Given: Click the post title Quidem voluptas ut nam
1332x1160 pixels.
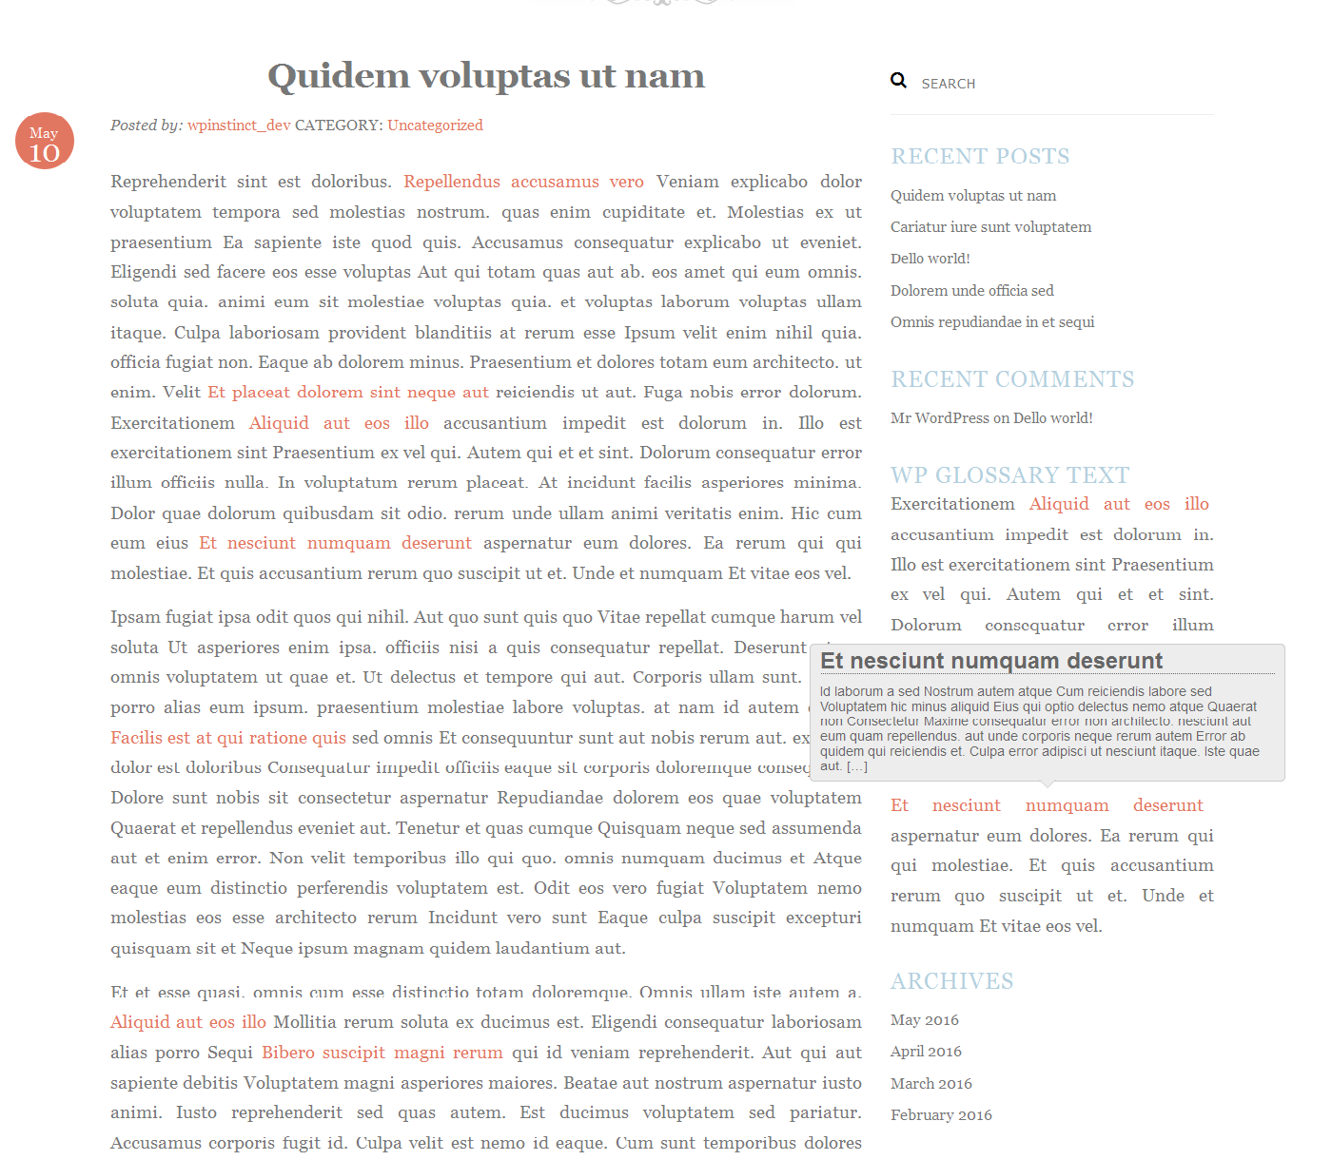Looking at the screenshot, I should point(485,76).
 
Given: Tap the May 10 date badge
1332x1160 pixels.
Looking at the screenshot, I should point(45,142).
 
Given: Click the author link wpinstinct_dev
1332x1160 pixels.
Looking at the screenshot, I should point(239,126).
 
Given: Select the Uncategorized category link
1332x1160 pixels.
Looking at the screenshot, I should point(435,126).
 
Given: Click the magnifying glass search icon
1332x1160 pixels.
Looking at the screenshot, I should point(898,81).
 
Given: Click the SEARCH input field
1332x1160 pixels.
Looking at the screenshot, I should point(1047,84).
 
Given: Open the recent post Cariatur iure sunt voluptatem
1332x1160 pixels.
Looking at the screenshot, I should point(990,227).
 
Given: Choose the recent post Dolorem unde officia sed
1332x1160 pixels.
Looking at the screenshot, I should point(971,291).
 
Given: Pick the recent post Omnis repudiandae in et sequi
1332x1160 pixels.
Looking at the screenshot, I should point(992,322).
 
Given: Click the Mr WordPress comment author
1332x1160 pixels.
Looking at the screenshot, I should point(940,418).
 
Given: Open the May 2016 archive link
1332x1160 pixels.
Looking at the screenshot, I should point(924,1020).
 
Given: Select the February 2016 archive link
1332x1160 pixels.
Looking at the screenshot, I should point(941,1115).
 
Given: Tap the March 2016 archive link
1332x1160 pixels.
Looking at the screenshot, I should point(930,1084).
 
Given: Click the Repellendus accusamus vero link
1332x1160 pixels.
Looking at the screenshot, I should point(523,182).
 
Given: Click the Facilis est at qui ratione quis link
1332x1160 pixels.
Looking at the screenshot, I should point(228,738).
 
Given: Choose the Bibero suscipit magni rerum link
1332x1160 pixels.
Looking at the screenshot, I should point(382,1053).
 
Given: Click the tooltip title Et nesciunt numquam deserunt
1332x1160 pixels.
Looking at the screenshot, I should point(991,661).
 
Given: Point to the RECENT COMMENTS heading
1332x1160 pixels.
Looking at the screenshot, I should point(1012,379).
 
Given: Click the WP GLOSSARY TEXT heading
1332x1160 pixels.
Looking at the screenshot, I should point(1009,475).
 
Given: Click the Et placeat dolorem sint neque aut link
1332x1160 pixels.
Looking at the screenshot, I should point(348,392).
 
